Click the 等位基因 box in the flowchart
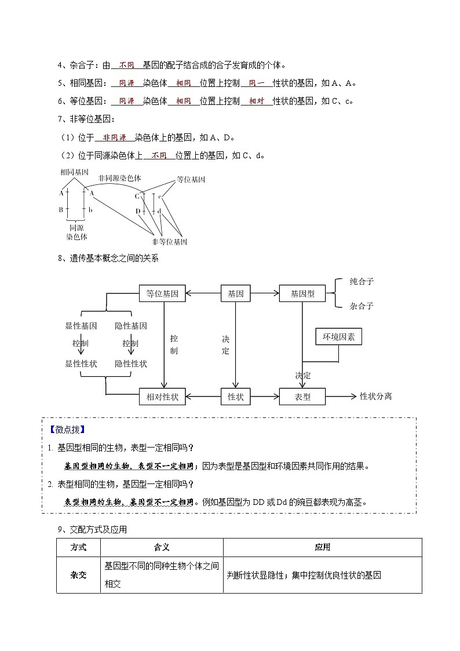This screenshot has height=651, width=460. (x=163, y=294)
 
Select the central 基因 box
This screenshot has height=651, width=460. (x=235, y=294)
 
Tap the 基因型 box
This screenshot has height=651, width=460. (x=302, y=294)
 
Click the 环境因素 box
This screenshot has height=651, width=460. (x=338, y=336)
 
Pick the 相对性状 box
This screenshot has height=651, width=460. (x=163, y=397)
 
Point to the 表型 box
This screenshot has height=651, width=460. (x=302, y=397)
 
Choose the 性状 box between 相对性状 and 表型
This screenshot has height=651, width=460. (x=235, y=397)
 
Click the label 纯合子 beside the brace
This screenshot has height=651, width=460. (x=362, y=282)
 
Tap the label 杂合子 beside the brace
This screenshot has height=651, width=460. (x=362, y=306)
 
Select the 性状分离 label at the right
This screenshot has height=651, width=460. (x=375, y=397)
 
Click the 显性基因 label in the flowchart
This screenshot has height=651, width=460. (x=81, y=326)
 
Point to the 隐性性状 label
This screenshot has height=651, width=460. (x=131, y=363)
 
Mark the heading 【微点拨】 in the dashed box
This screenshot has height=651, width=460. (x=67, y=430)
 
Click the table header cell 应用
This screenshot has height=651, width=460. (x=322, y=547)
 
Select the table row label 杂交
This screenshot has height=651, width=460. (x=78, y=575)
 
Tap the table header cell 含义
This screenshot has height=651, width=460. (x=162, y=547)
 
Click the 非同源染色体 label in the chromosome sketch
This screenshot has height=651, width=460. (x=120, y=179)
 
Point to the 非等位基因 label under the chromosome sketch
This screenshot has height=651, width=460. (x=169, y=242)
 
